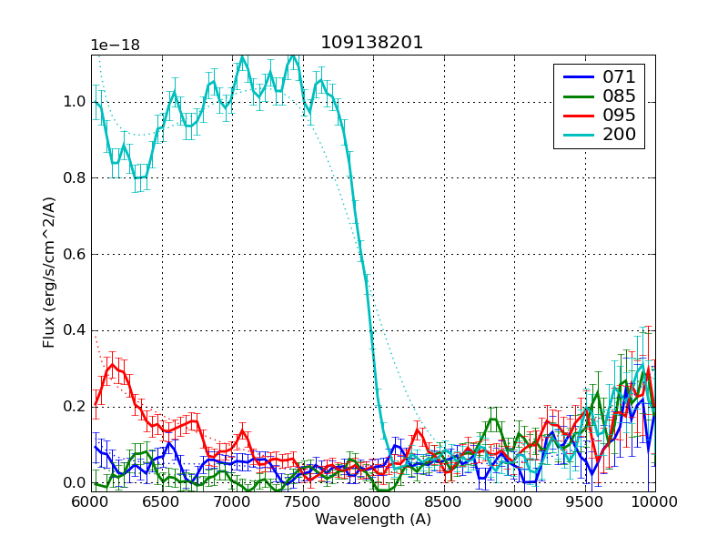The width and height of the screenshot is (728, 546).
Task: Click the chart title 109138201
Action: coord(372,43)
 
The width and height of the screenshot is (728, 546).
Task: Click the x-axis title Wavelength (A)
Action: coord(373,520)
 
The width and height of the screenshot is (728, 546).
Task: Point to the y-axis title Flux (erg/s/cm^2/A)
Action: coord(50,273)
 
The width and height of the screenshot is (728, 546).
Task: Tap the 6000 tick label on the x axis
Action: coord(92,501)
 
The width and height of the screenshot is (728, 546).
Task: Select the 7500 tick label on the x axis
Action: coord(302,501)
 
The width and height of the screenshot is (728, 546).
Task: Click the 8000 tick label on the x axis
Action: coord(373,501)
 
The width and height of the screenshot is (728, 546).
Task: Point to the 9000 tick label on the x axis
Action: coord(513,501)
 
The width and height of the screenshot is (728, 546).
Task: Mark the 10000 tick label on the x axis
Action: coord(653,501)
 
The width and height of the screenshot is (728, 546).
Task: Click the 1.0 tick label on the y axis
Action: coord(75,102)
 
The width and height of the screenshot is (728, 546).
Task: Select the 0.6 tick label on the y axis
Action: coord(75,255)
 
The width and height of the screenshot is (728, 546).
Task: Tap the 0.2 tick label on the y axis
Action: coord(75,407)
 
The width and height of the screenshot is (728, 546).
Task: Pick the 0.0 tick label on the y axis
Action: coord(75,483)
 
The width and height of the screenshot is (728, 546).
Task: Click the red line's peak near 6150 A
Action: coord(113,365)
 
